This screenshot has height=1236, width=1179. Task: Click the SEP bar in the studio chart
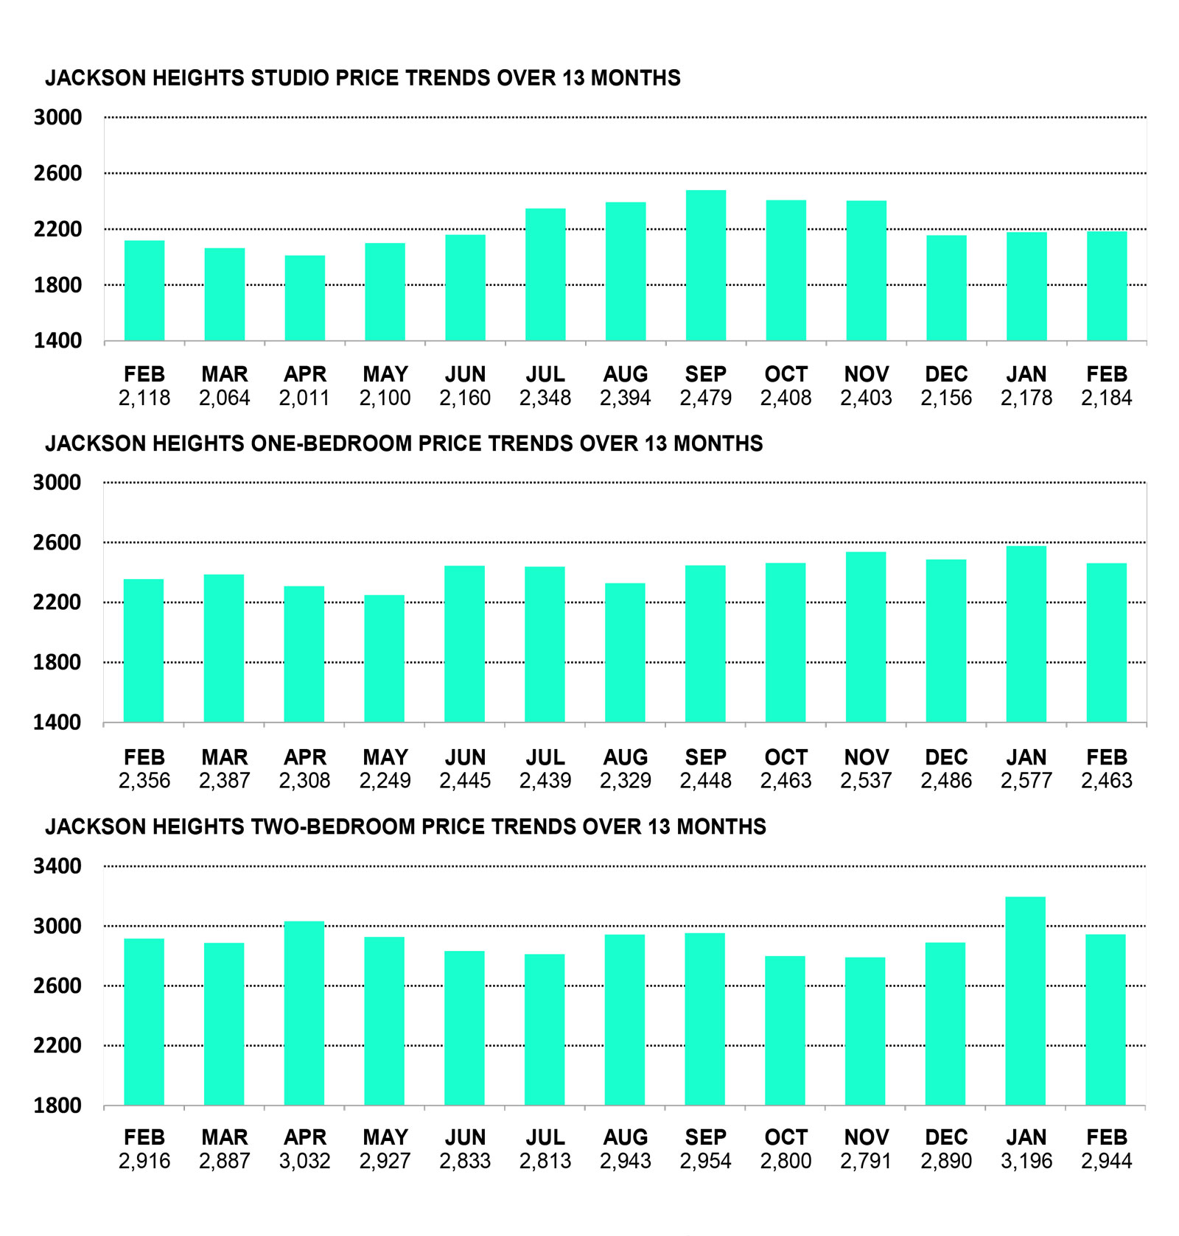705,265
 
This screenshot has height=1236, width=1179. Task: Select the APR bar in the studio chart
304,298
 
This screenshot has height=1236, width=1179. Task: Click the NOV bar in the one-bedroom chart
866,636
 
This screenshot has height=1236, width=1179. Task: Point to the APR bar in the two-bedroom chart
304,1013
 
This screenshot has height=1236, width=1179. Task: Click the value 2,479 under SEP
705,398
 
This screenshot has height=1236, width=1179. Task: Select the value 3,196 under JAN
1026,1162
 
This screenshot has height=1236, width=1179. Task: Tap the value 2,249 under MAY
384,781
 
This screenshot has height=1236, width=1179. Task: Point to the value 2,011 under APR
304,398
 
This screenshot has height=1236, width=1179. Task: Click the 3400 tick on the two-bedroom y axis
57,866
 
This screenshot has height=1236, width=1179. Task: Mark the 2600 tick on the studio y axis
57,174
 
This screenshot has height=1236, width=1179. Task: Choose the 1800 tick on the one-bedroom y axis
57,662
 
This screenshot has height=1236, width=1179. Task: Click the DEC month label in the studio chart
946,374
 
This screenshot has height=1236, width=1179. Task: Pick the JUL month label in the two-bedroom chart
545,1137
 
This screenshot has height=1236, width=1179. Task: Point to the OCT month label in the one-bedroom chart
786,757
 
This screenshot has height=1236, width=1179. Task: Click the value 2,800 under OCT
786,1162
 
